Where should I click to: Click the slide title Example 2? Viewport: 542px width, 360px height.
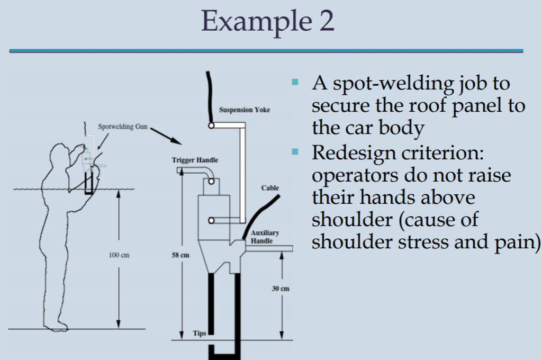[x=268, y=22]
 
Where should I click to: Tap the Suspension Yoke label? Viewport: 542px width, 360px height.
[x=245, y=110]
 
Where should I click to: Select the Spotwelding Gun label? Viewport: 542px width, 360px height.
[x=123, y=127]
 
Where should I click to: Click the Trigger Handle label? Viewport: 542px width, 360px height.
[x=195, y=160]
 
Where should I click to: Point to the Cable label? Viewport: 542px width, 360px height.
[x=269, y=188]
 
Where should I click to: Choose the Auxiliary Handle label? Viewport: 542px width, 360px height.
[x=265, y=237]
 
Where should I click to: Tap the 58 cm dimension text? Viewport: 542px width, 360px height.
[x=181, y=255]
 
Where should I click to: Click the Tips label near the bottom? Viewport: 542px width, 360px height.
[x=200, y=334]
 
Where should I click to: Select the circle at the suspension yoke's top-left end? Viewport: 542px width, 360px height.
[x=211, y=126]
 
